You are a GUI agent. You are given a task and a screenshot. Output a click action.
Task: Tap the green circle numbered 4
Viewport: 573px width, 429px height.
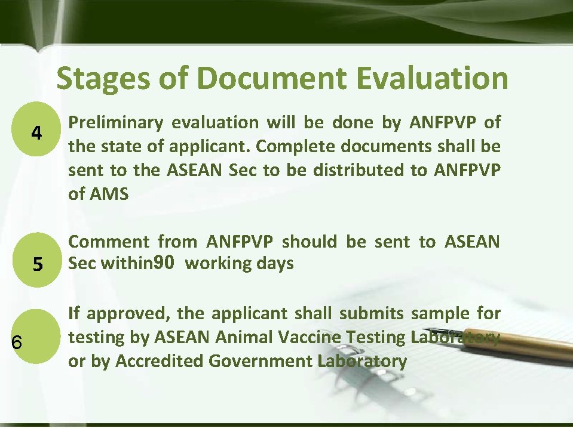[x=37, y=132]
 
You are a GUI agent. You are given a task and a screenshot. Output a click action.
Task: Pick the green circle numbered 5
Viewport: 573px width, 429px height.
[x=37, y=263]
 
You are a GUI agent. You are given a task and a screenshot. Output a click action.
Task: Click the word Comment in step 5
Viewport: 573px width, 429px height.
[x=108, y=242]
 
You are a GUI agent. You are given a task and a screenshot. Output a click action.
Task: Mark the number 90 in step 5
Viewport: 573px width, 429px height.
[x=164, y=263]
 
